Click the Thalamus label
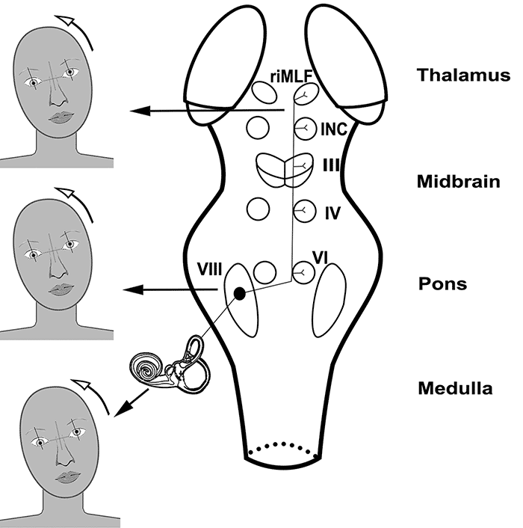click(x=464, y=76)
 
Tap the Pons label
click(x=453, y=284)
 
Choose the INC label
click(x=332, y=128)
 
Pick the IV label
click(x=333, y=212)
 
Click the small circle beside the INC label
click(x=305, y=127)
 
